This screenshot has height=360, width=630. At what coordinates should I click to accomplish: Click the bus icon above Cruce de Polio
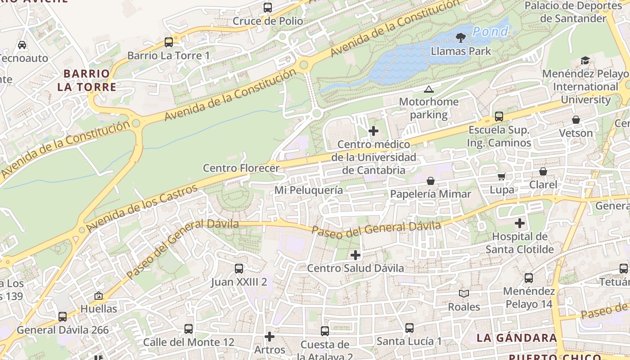268,8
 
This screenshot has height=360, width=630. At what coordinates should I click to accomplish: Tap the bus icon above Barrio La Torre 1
169,42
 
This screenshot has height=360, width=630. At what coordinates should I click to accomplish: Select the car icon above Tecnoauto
22,45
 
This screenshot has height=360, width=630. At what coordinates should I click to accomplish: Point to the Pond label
490,31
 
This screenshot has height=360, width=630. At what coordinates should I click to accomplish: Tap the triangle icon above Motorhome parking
428,89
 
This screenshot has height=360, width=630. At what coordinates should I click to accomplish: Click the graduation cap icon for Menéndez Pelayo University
585,60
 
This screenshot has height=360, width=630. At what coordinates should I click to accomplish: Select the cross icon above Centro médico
373,131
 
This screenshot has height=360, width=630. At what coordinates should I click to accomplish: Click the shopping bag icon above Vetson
576,120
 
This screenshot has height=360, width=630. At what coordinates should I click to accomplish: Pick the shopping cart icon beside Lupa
502,177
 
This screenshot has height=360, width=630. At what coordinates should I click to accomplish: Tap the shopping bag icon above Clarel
543,171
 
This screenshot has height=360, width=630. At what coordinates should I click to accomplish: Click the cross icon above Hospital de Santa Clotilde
520,223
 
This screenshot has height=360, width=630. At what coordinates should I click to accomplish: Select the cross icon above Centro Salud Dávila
355,255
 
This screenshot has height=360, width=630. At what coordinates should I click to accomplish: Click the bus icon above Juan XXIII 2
239,269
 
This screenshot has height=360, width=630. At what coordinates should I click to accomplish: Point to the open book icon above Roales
464,294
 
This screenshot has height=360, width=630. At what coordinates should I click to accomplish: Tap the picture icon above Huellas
99,296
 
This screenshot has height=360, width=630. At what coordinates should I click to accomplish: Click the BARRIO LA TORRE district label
86,80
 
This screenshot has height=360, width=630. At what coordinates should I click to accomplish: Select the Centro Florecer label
241,168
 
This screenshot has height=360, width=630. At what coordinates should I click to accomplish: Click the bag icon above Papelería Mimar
431,181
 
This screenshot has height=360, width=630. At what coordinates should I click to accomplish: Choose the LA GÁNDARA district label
517,338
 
